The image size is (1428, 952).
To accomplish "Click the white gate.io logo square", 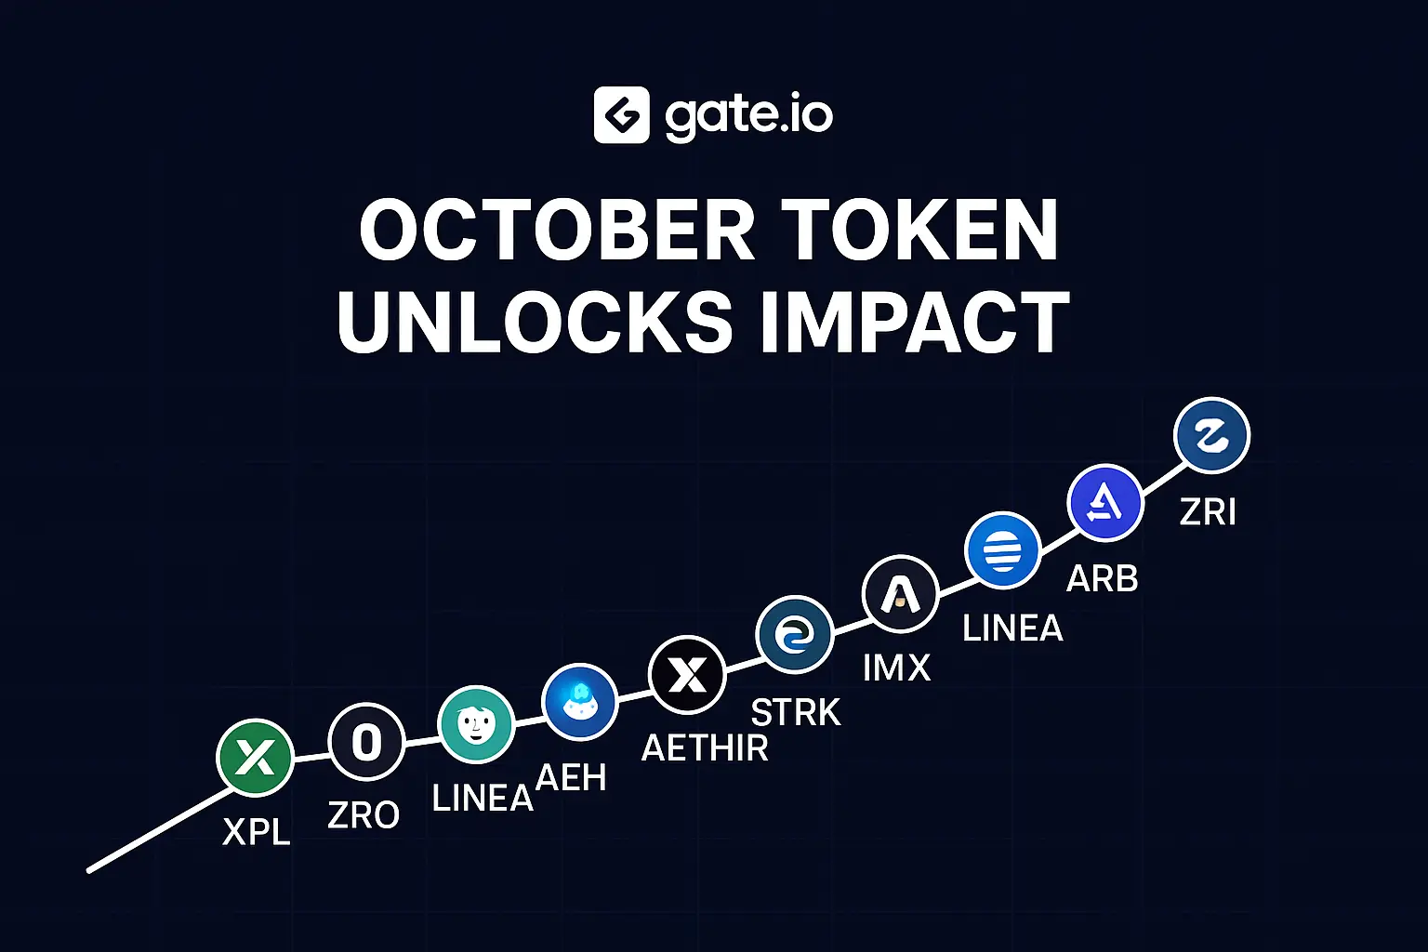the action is pyautogui.click(x=622, y=114).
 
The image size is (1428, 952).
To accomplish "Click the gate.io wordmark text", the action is pyautogui.click(x=749, y=117).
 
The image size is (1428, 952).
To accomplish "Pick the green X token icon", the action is pyautogui.click(x=255, y=758).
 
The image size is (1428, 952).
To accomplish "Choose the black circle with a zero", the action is pyautogui.click(x=366, y=742).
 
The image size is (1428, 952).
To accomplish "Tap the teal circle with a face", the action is pyautogui.click(x=476, y=724).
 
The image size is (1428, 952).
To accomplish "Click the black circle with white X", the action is pyautogui.click(x=687, y=675).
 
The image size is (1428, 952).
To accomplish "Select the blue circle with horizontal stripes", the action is pyautogui.click(x=1003, y=549).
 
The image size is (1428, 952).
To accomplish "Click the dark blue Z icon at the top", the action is pyautogui.click(x=1212, y=435).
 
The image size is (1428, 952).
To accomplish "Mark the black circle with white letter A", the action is pyautogui.click(x=901, y=594).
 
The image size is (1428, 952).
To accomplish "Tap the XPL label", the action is pyautogui.click(x=257, y=831).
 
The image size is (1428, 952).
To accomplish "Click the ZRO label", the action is pyautogui.click(x=364, y=815).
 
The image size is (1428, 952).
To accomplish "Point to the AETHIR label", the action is pyautogui.click(x=705, y=748).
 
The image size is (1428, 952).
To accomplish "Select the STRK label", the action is pyautogui.click(x=796, y=712).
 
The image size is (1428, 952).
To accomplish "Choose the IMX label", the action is pyautogui.click(x=897, y=668).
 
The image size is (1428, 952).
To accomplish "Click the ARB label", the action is pyautogui.click(x=1103, y=579).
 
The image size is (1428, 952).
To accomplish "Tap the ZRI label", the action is pyautogui.click(x=1208, y=511).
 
